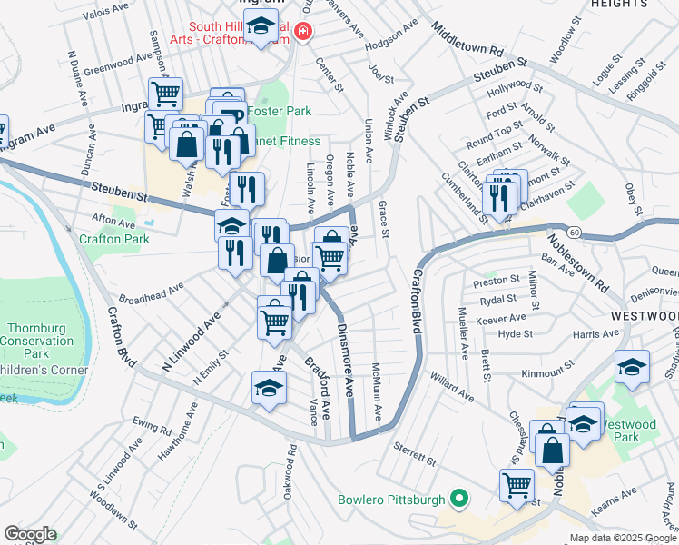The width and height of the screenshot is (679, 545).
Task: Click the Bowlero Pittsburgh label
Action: click(391, 500)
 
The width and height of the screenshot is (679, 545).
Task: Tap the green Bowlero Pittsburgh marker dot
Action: click(460, 499)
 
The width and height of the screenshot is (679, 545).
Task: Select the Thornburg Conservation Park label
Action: click(37, 341)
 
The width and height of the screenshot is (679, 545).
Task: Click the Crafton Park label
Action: click(113, 240)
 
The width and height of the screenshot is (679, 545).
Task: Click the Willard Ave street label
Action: click(452, 386)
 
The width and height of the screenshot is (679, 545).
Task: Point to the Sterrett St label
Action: click(415, 454)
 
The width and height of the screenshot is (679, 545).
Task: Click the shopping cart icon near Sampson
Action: click(166, 93)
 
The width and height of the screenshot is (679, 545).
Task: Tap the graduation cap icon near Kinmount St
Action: click(633, 366)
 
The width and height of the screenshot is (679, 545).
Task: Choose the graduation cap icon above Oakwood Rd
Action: click(267, 388)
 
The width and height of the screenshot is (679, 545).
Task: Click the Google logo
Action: click(30, 534)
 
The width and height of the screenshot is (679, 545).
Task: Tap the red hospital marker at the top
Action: click(301, 33)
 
